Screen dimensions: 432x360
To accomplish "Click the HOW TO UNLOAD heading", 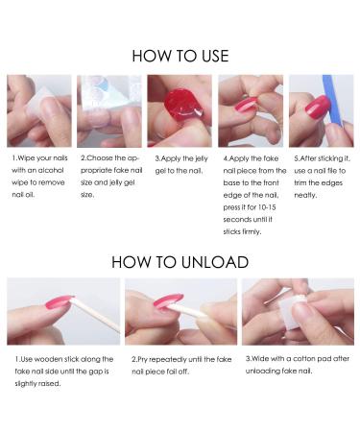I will [180, 260].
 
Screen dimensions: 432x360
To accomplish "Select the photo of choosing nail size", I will [108, 109].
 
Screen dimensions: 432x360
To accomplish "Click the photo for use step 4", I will [250, 109].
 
